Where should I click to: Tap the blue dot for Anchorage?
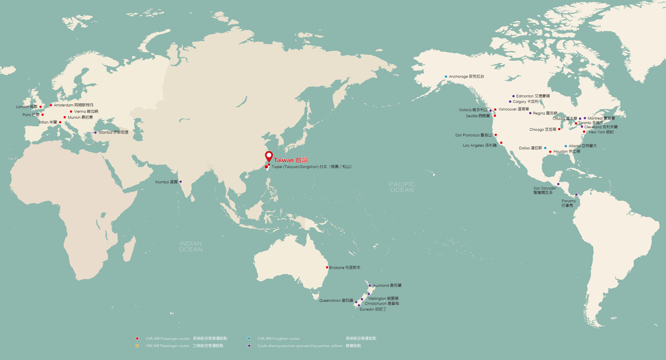coord(446,76)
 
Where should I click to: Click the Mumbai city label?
coord(166,182)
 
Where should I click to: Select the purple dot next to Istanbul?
coord(95,133)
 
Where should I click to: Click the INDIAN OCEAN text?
coord(191,247)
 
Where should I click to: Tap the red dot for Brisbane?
coord(327,267)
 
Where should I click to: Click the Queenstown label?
coord(336,300)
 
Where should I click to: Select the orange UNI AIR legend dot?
coord(137,346)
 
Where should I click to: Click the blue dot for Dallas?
coord(545,148)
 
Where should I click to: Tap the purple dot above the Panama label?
coord(576,195)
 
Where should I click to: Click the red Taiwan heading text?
coord(291,160)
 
